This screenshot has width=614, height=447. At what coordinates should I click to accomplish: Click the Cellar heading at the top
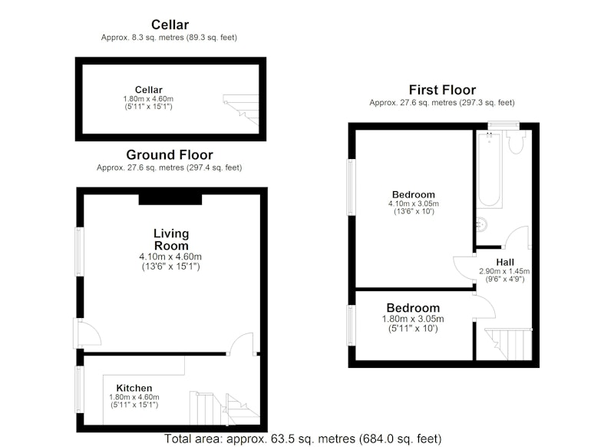[x=170, y=25]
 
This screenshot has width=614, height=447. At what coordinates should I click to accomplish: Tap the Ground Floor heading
[x=170, y=154]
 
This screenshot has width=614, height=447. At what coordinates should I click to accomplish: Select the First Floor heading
[x=442, y=90]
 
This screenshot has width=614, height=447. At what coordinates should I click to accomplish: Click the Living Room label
[x=171, y=240]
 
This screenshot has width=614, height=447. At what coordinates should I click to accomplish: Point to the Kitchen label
[x=134, y=388]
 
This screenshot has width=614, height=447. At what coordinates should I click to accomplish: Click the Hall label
[x=505, y=262]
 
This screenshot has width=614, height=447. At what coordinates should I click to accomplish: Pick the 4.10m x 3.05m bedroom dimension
[x=414, y=204]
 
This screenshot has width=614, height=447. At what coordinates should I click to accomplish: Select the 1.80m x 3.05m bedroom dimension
[x=413, y=319]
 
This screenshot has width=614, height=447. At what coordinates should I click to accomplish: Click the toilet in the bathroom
[x=516, y=142]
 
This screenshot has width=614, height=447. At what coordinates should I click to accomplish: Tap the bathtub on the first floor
[x=489, y=170]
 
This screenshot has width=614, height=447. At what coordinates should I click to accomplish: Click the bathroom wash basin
[x=481, y=224]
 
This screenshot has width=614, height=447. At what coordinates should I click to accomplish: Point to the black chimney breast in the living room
[x=170, y=200]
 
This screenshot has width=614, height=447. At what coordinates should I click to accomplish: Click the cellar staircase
[x=241, y=110]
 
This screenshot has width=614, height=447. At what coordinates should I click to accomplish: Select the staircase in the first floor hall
[x=508, y=344]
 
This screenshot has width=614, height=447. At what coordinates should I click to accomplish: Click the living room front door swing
[x=87, y=333]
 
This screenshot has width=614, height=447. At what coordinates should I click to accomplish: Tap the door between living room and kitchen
[x=242, y=344]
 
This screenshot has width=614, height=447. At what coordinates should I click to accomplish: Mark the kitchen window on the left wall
[x=80, y=389]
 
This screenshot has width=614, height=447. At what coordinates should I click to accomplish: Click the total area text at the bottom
[x=302, y=439]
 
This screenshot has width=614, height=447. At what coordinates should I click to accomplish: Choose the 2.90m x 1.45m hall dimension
[x=504, y=271]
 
